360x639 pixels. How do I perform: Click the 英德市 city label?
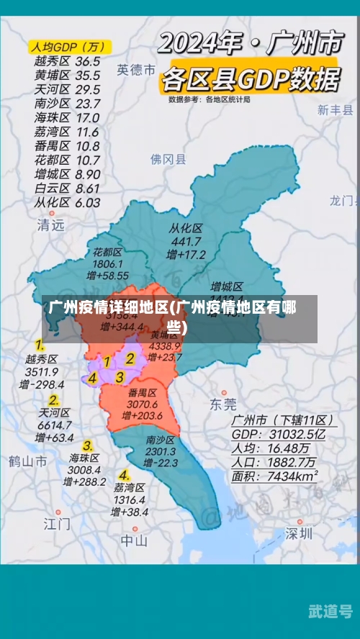click(136, 70)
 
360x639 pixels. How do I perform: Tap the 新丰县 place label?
click(336, 110)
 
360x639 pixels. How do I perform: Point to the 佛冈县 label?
click(168, 159)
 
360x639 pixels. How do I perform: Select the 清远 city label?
click(50, 225)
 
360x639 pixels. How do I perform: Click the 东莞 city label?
click(222, 404)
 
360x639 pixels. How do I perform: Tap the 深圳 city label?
click(298, 533)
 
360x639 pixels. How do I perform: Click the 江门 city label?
click(57, 522)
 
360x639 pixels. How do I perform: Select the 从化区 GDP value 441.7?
click(186, 242)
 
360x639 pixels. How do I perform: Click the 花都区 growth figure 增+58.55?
click(107, 276)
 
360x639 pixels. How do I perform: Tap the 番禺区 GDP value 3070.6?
click(143, 404)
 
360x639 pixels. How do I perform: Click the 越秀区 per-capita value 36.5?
click(87, 61)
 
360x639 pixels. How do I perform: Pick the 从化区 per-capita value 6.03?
click(87, 202)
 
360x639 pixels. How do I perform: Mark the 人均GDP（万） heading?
click(68, 47)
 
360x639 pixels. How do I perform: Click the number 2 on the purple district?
click(130, 358)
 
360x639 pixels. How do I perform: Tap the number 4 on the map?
click(93, 378)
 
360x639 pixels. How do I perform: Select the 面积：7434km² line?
click(274, 476)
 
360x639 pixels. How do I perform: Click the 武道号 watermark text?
click(329, 610)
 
